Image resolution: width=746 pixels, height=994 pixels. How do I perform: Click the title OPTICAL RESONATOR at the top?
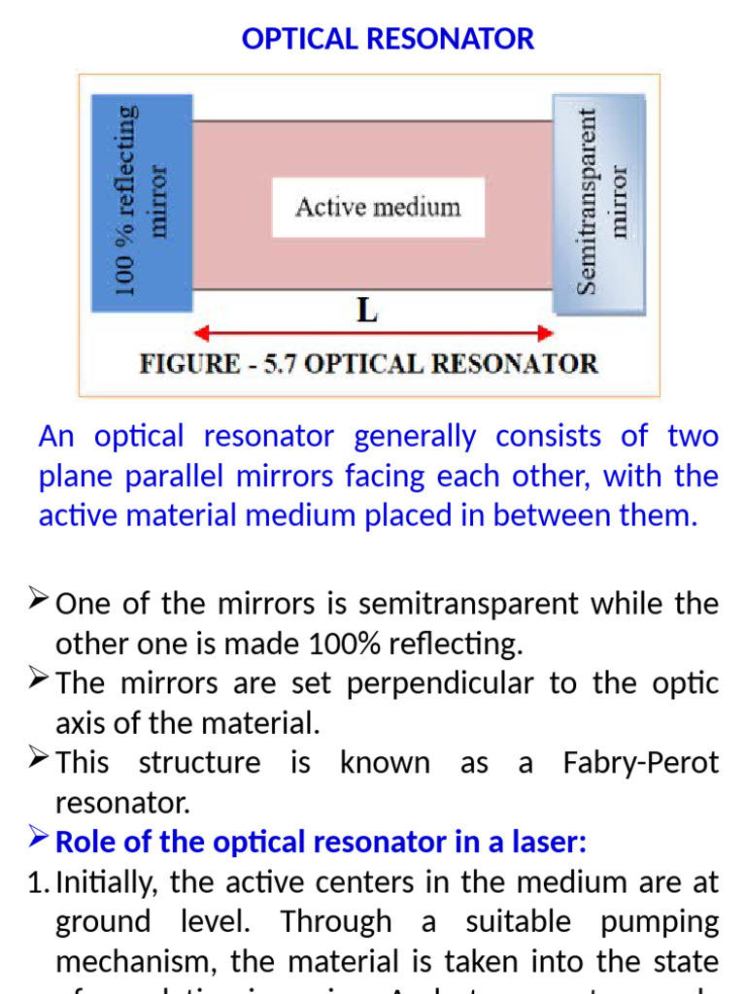pos(388,39)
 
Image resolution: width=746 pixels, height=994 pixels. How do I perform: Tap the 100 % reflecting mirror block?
pos(141,202)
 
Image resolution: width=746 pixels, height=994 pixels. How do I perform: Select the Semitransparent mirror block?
pos(599,204)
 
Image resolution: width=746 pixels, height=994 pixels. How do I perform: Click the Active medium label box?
pos(377,207)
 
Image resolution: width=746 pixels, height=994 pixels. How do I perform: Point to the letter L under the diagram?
pos(367,312)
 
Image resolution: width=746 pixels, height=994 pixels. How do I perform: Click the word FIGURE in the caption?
pos(188,365)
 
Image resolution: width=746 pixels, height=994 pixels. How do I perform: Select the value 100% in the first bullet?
pos(340,644)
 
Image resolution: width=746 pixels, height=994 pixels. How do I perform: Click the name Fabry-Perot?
pos(641,762)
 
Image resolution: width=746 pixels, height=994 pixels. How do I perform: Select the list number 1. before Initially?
pos(45,882)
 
